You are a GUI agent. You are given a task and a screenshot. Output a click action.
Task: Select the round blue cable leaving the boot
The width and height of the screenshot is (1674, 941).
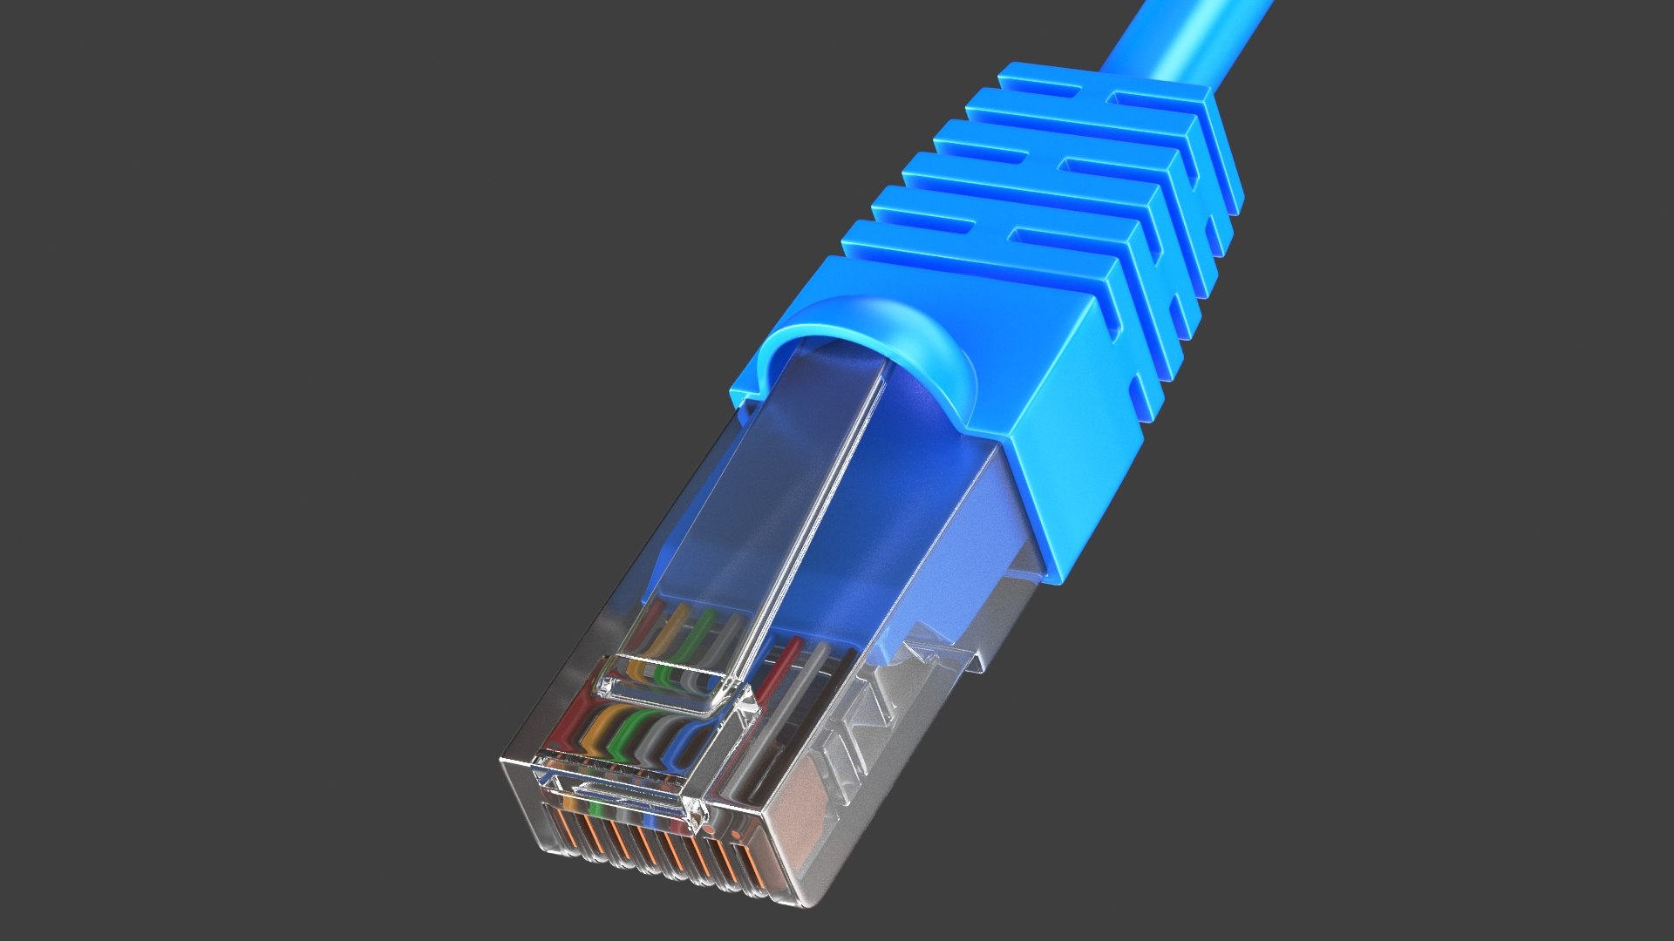pyautogui.click(x=1177, y=35)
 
